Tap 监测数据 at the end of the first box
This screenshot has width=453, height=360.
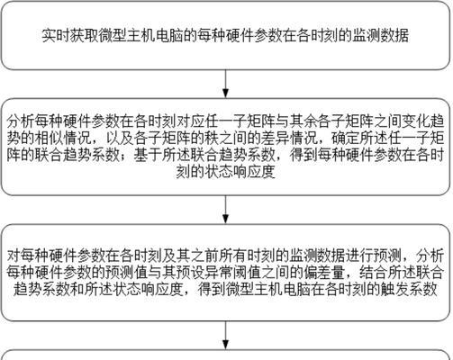[x=380, y=35]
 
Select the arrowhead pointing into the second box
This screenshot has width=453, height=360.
[x=225, y=94]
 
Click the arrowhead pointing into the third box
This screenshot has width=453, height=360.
[x=225, y=219]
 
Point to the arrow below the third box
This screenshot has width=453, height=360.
[x=225, y=336]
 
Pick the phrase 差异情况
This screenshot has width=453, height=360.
[x=289, y=138]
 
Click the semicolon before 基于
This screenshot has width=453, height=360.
[x=126, y=156]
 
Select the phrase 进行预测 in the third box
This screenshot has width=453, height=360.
[x=374, y=256]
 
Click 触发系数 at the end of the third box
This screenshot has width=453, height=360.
[x=409, y=289]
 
